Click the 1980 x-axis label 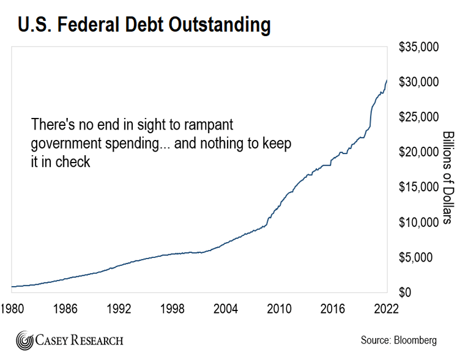12,307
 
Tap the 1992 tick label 119,307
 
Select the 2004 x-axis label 226,307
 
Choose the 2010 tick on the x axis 280,307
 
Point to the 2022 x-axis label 387,307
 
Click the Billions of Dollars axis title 447,177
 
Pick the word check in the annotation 74,162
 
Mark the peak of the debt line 387,80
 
